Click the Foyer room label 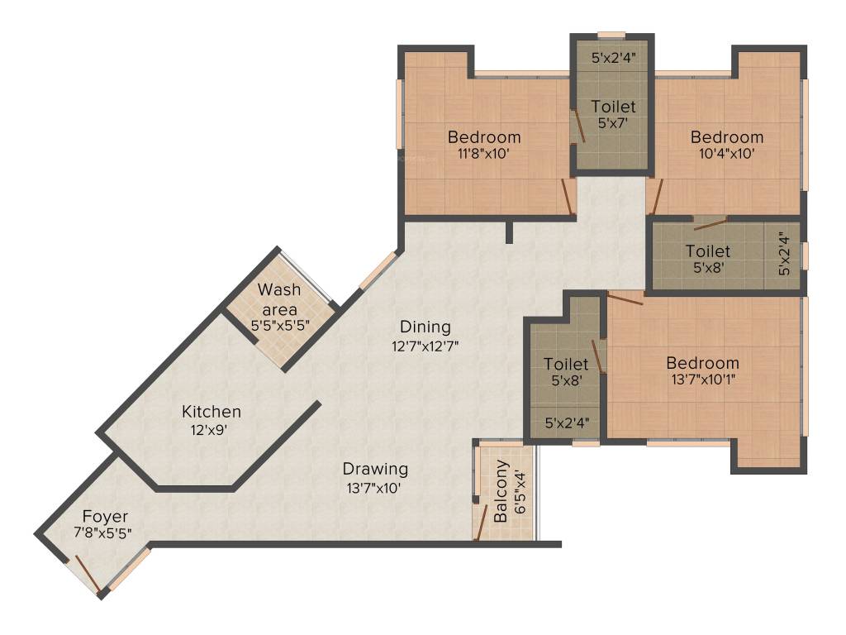click(x=105, y=516)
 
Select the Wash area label click(x=279, y=299)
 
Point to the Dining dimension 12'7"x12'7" click(x=425, y=346)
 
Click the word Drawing click(x=376, y=470)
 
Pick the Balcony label click(x=501, y=491)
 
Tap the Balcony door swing click(x=481, y=523)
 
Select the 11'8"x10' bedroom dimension click(x=484, y=153)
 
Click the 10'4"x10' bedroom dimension click(x=727, y=153)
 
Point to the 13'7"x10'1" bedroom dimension click(x=703, y=379)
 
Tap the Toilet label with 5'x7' click(x=614, y=107)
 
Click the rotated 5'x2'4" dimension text click(x=785, y=254)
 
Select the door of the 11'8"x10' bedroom click(x=567, y=196)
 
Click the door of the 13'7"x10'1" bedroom click(x=625, y=298)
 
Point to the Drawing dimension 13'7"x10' click(x=374, y=489)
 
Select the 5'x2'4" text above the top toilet click(x=614, y=58)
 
